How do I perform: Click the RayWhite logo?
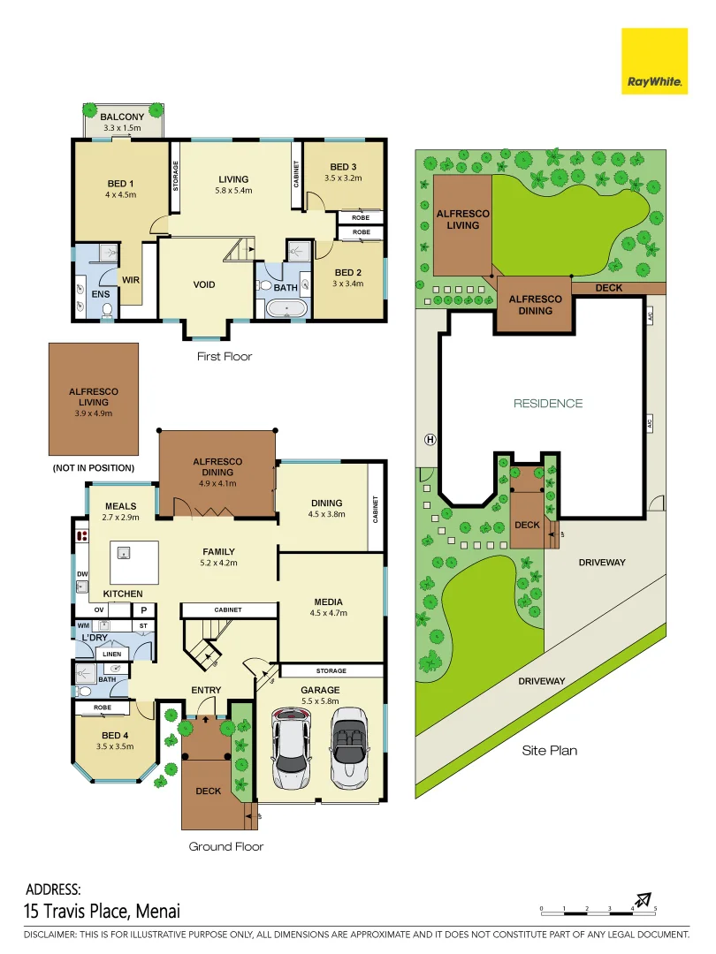(654, 61)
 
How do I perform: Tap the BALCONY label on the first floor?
(122, 117)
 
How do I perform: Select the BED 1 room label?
(121, 184)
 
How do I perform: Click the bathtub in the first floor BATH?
(285, 309)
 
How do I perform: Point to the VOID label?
(204, 284)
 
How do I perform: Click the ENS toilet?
(107, 310)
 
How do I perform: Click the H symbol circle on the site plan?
(430, 439)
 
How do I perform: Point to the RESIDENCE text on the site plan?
(549, 403)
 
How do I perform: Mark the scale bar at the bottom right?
(598, 909)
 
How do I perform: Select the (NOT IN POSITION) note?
(94, 467)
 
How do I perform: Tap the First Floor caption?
(224, 357)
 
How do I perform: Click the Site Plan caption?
(549, 751)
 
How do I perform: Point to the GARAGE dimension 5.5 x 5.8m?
(320, 701)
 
